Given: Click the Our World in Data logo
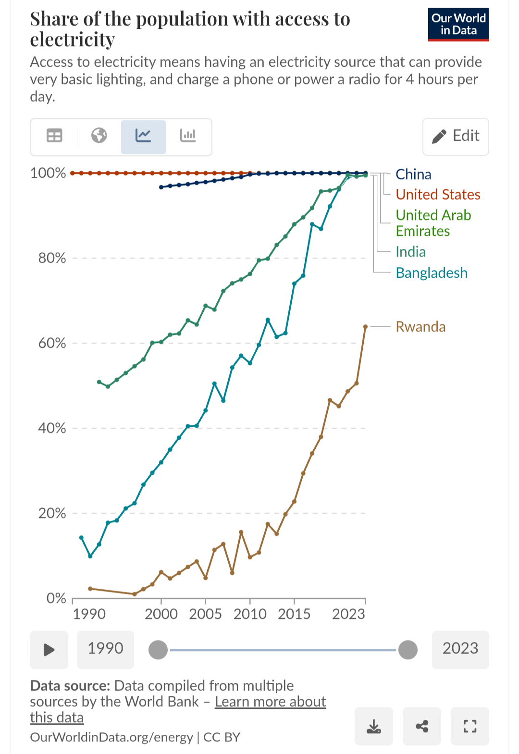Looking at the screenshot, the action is pos(458,25).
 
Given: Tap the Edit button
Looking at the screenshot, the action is pos(456,136).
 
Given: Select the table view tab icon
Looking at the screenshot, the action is pos(54,136).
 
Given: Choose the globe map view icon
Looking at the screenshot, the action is pos(99,136).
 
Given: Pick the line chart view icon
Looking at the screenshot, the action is pos(143,136).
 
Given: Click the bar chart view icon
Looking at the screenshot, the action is pos(188,136).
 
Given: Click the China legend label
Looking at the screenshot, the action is pos(413,174).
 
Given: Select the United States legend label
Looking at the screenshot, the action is pos(438,195).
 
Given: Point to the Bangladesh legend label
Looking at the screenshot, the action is pos(432,273).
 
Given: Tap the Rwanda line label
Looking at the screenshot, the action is pos(420,327).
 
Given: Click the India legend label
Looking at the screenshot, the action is pos(410,252).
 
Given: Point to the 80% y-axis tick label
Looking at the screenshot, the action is pos(52,258).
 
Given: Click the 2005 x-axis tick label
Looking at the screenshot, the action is pos(205,614).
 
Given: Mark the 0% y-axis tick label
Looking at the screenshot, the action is pos(56,598).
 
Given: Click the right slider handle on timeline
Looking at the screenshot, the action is pos(408,650).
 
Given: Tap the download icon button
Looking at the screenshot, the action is pos(374,726).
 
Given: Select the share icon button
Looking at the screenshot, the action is pos(422,726).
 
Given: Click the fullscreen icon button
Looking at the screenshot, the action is pos(470,726).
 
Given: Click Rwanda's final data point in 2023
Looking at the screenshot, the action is pos(366,327).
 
